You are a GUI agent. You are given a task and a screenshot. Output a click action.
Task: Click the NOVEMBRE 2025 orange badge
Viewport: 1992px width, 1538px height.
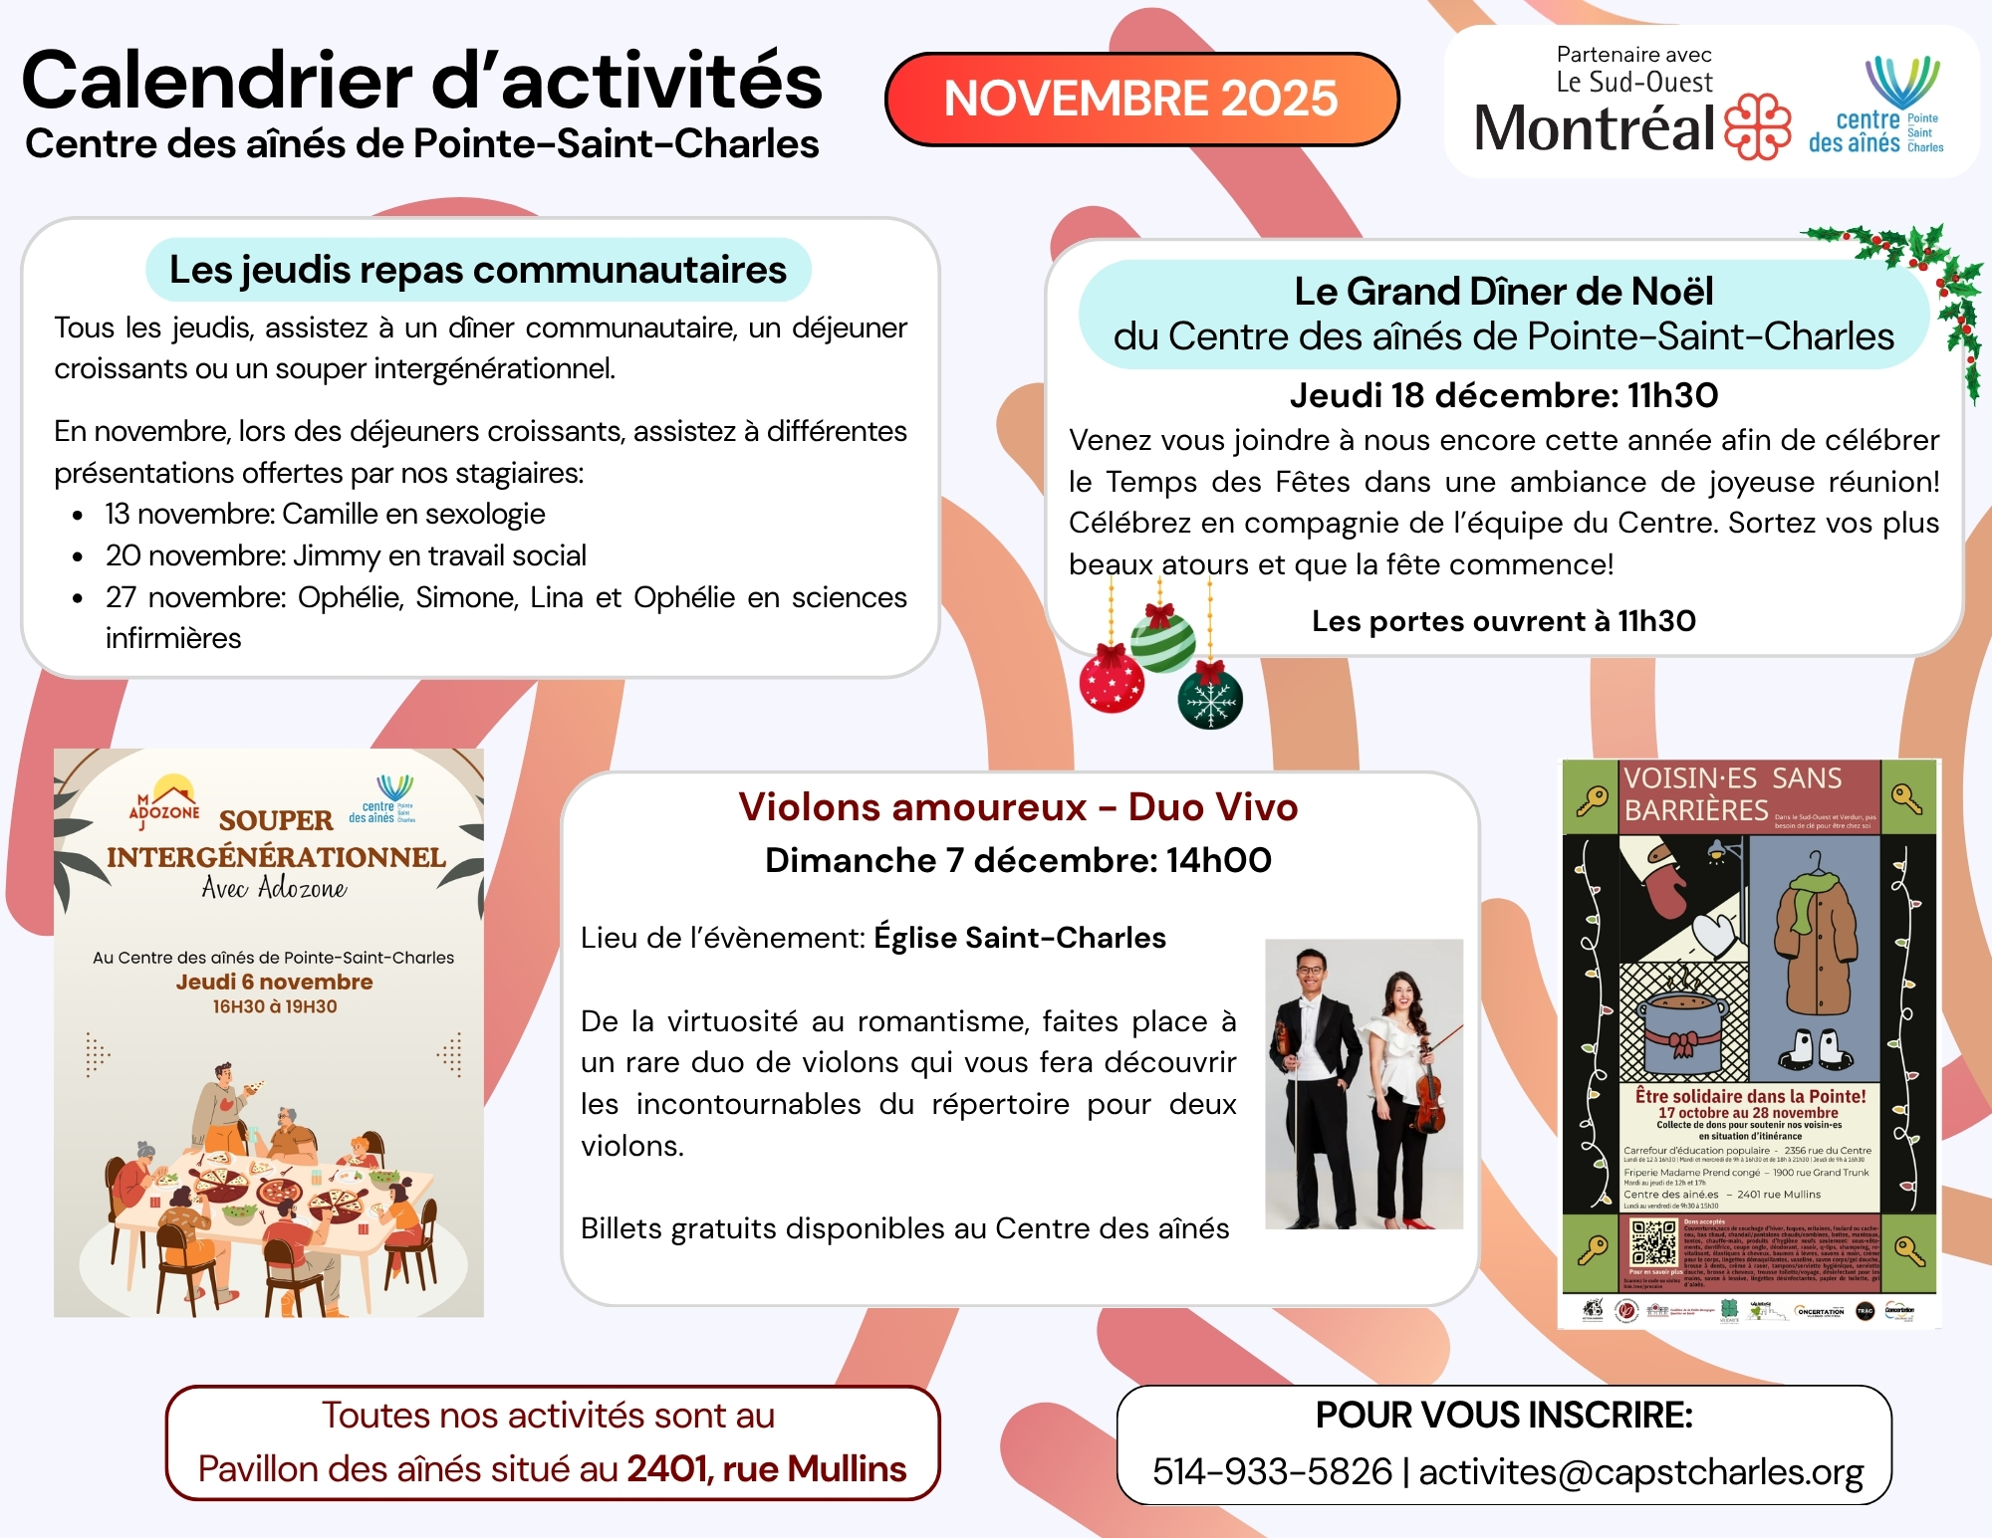(x=1141, y=99)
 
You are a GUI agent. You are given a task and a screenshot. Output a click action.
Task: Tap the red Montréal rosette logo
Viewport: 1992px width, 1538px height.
(x=1758, y=126)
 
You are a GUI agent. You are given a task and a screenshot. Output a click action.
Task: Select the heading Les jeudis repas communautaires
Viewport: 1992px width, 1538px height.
(x=478, y=270)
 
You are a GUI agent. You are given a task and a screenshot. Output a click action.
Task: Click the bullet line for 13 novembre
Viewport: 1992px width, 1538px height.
(x=325, y=514)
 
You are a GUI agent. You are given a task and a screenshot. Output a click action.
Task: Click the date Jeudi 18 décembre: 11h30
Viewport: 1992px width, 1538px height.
(x=1504, y=395)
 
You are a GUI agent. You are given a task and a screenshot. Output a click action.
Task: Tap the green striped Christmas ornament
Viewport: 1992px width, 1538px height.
(x=1162, y=639)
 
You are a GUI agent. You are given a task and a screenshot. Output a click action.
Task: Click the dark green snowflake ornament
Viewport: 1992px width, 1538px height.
(x=1210, y=699)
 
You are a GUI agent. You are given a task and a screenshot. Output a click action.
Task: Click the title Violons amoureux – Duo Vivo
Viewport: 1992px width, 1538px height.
(x=1018, y=807)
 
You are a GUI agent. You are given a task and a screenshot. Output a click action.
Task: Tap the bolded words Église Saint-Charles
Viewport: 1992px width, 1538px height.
(x=1020, y=938)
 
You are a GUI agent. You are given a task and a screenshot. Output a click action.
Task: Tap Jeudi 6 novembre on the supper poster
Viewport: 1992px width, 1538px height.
(x=275, y=982)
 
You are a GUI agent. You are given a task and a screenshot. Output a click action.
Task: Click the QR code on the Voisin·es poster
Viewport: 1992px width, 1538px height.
(x=1653, y=1242)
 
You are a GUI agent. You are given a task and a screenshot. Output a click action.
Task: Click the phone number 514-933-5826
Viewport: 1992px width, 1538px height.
(x=1272, y=1472)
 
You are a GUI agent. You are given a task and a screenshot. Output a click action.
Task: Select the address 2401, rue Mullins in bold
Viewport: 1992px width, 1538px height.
(x=767, y=1469)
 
